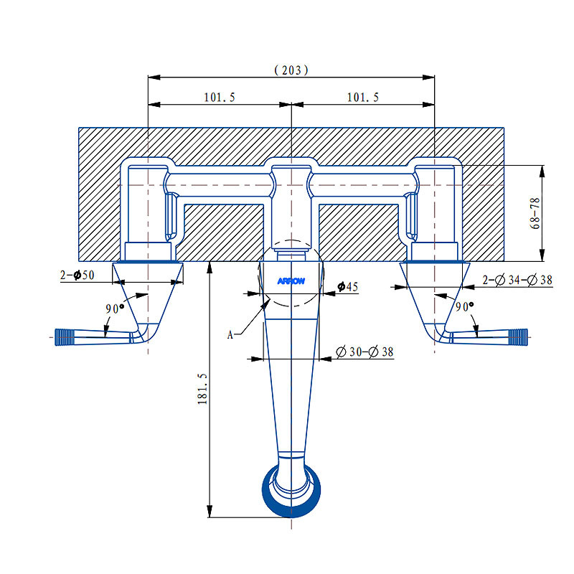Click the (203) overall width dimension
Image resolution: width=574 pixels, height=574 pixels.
291,70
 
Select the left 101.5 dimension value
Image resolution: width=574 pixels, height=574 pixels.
220,98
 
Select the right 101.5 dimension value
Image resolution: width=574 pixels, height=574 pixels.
362,98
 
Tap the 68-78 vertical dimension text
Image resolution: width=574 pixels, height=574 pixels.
535,214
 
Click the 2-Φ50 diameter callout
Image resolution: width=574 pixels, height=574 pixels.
79,276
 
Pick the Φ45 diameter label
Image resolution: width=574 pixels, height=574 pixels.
347,287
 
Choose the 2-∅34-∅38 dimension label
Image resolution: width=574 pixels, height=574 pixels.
517,280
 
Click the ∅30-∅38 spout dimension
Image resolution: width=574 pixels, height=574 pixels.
364,352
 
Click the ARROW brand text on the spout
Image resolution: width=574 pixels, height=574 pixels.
291,281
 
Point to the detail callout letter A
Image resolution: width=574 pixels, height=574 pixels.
231,334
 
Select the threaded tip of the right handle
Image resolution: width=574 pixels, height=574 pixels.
517,334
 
